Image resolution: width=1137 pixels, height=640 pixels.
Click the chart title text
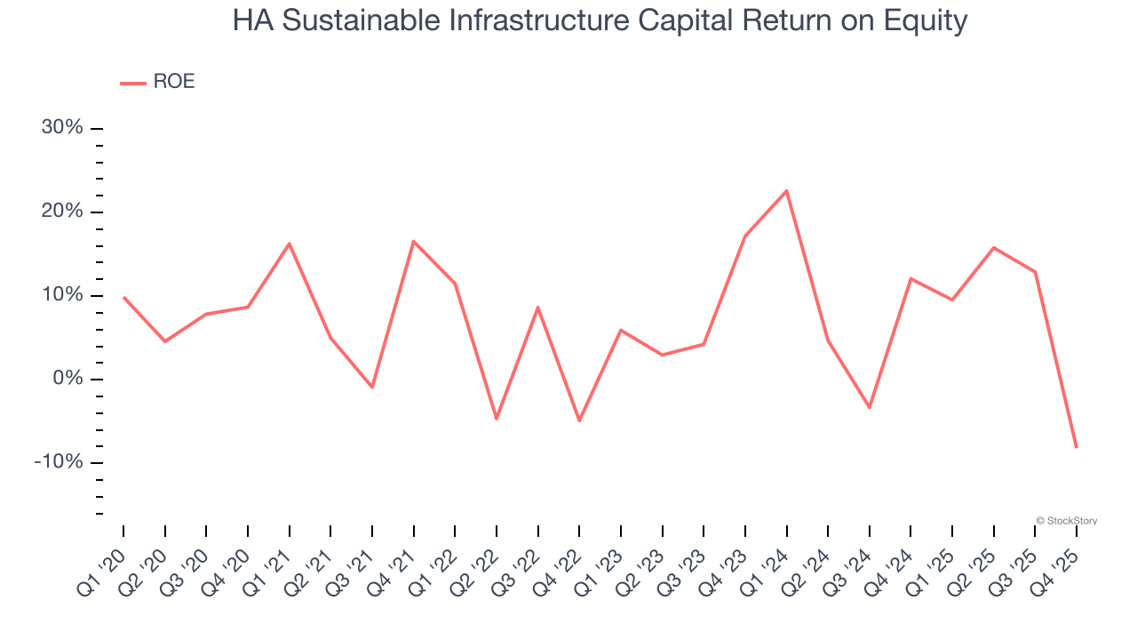coord(600,20)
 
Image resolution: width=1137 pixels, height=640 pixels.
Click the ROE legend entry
coord(158,82)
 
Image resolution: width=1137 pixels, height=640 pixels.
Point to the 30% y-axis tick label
coord(62,128)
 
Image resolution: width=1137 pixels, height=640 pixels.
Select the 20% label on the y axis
coord(62,212)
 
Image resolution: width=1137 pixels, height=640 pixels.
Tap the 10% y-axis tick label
coord(62,295)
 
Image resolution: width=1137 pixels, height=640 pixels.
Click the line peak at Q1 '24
coord(786,190)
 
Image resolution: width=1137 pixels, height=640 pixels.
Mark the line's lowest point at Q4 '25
coord(1077,447)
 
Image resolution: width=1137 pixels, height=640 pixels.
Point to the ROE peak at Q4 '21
coord(414,241)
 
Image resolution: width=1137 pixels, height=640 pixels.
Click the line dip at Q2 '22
coord(497,419)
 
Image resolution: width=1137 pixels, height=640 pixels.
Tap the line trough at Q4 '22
coord(579,420)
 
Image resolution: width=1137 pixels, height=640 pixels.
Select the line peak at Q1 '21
coord(290,244)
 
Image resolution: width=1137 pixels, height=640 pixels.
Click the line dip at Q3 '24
coord(870,407)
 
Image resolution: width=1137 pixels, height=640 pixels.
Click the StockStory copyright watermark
coord(1066,521)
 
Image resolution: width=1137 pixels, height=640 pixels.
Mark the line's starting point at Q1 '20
coord(123,298)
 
